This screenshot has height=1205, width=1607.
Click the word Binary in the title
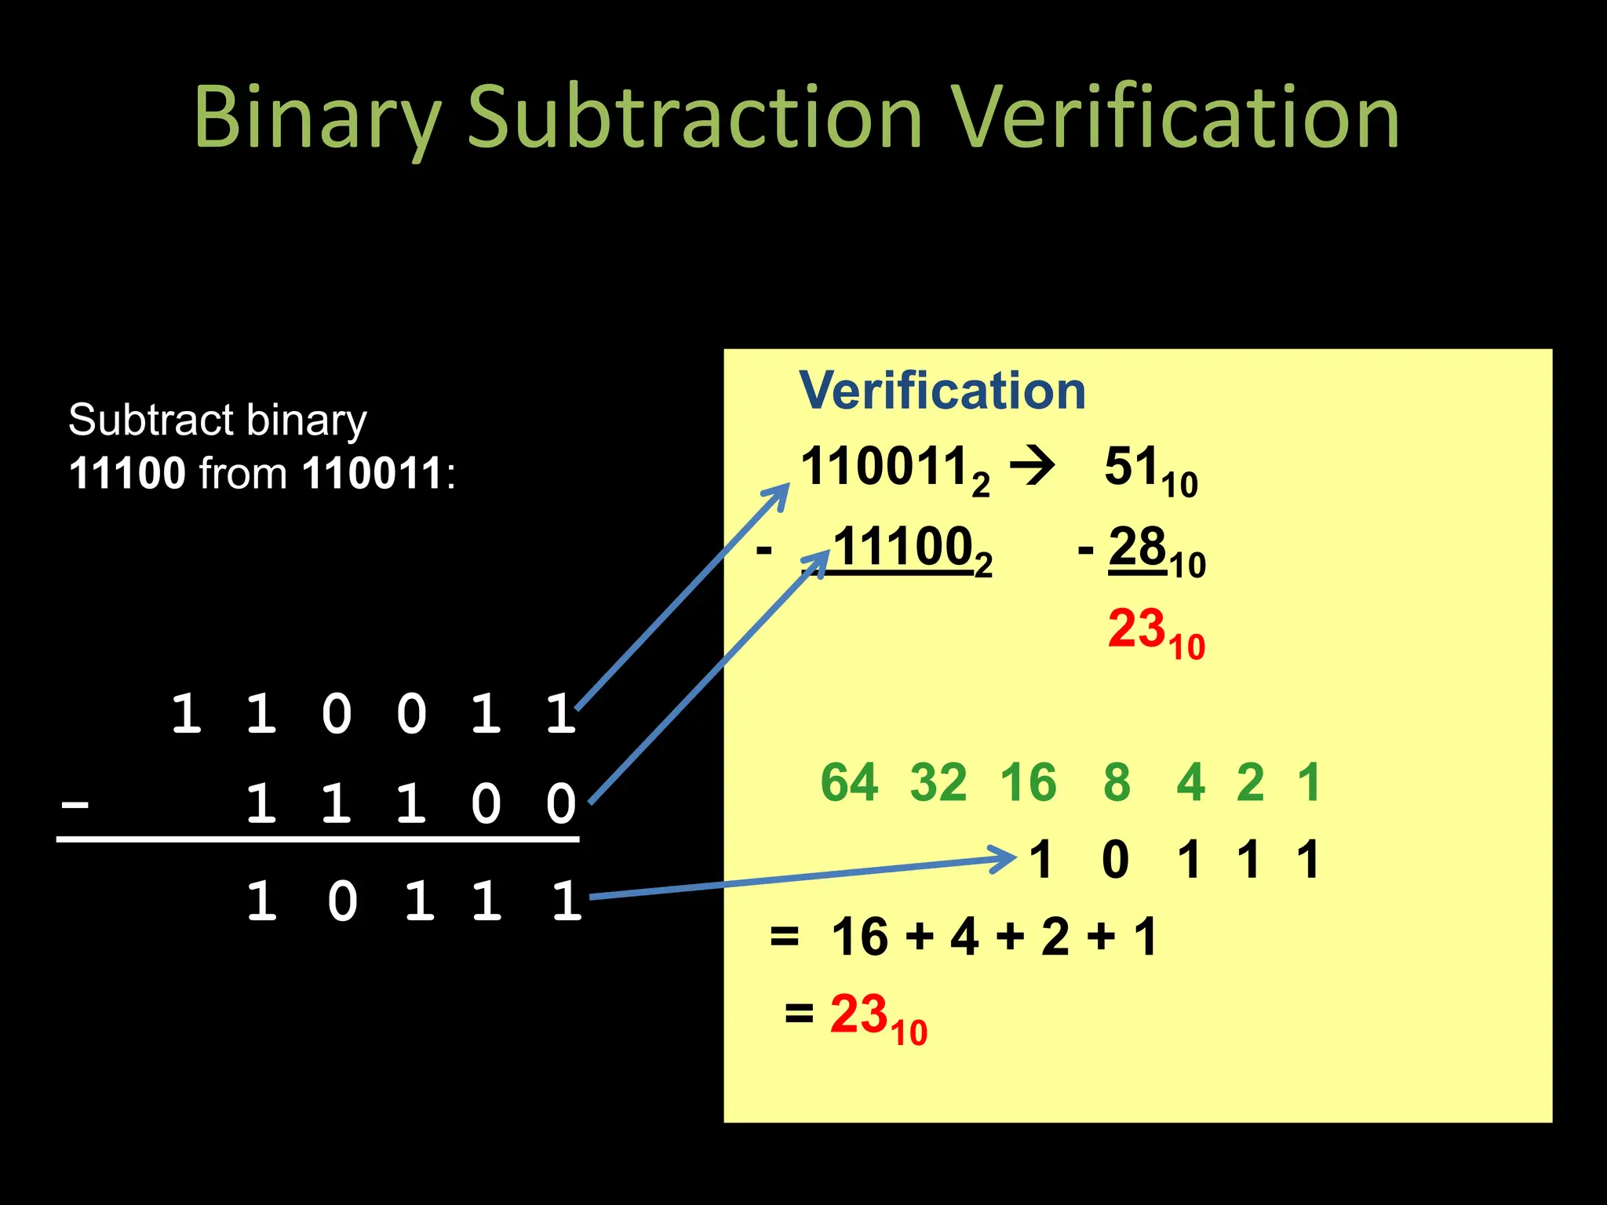click(318, 118)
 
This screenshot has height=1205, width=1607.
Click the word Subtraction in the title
click(694, 118)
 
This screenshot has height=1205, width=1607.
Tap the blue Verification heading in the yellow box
click(942, 390)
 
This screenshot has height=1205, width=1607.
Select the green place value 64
click(849, 782)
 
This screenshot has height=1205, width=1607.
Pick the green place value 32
click(938, 782)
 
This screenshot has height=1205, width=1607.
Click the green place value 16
click(1028, 782)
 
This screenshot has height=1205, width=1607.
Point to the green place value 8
click(1117, 782)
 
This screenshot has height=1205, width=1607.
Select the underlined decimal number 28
click(1138, 547)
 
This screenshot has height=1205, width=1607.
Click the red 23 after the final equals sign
click(859, 1014)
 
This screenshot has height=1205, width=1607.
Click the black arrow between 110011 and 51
click(1032, 468)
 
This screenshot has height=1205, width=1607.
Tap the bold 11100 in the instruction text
click(127, 474)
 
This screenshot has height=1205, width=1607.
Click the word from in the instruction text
click(243, 474)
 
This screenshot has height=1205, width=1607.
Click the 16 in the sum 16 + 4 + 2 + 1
click(860, 937)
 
